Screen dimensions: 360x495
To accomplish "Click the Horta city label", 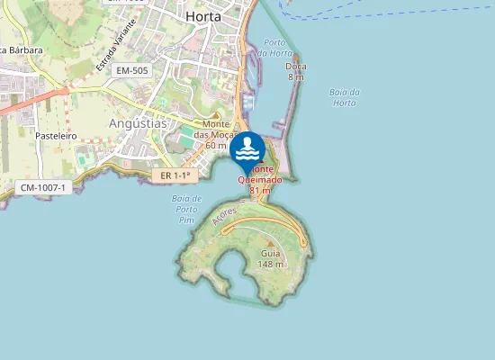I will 202,16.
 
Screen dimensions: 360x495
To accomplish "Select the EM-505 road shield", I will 132,69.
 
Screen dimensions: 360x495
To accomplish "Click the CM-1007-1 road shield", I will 42,186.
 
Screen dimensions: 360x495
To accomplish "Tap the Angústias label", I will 138,123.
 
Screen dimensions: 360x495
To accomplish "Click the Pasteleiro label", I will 56,135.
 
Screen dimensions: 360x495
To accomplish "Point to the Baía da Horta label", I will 345,97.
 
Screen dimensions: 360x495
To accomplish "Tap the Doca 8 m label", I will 295,71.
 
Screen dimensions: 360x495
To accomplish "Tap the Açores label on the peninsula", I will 223,217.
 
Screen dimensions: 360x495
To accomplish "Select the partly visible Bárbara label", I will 22,50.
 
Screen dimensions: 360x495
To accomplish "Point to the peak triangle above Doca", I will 295,55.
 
